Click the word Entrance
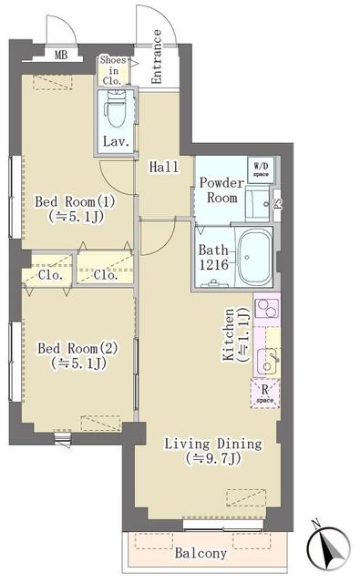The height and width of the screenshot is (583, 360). click(x=157, y=56)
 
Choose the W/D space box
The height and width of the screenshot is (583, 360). click(x=261, y=168)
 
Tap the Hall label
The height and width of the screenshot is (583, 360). click(x=163, y=166)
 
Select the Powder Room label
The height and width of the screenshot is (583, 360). click(x=219, y=189)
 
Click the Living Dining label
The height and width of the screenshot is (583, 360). click(x=213, y=451)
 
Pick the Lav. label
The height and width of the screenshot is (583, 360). click(x=115, y=141)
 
